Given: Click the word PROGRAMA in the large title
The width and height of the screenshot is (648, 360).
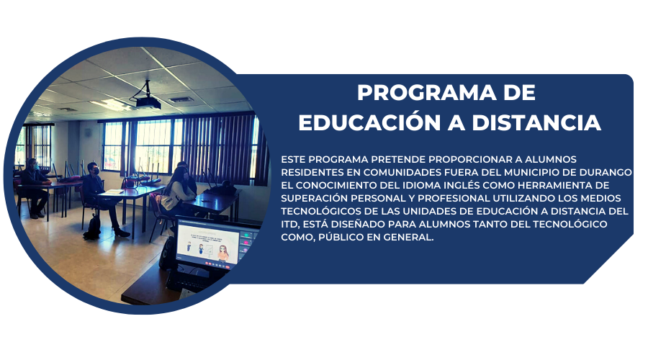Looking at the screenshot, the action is point(426,92).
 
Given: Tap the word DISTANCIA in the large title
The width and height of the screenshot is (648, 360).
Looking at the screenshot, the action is point(536,122).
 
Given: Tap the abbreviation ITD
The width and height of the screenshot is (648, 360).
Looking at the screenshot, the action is point(289,224).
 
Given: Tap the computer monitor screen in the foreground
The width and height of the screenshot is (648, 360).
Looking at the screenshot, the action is point(208,244).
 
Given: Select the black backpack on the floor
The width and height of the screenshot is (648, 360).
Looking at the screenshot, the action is point(93,228).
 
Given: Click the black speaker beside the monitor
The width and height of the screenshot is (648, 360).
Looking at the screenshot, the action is point(167,253).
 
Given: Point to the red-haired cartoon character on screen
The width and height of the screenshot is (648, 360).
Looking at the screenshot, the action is point(223,252).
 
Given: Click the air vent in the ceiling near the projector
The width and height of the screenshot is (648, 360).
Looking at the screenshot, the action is point(181,99).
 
